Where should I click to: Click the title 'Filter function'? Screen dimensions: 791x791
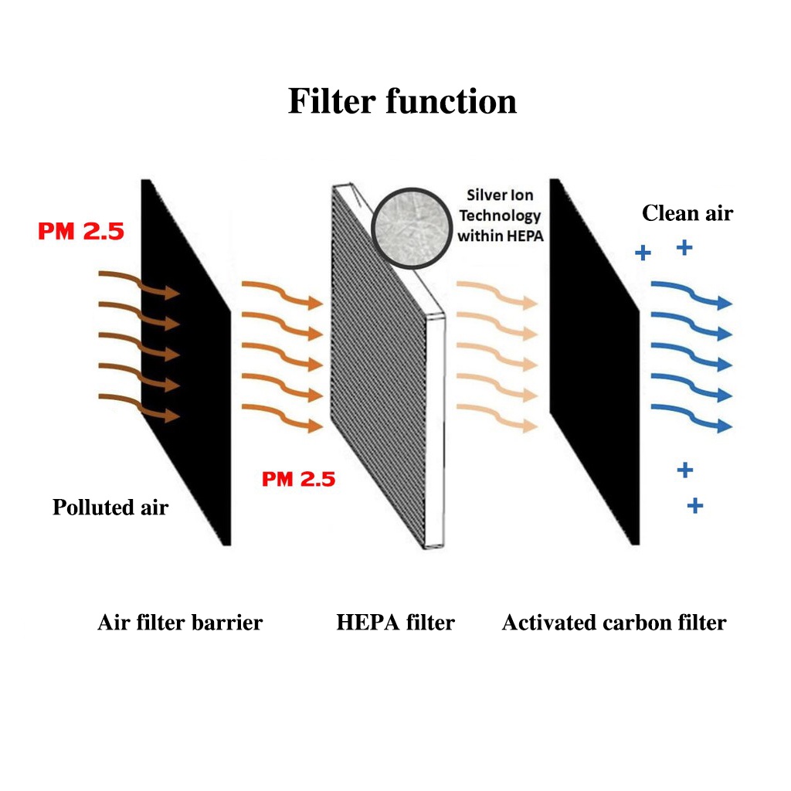point(402,101)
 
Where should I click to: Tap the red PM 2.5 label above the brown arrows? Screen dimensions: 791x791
point(80,230)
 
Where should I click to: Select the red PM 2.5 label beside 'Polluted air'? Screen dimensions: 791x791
point(298,479)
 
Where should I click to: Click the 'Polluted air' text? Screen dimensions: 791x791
point(110,508)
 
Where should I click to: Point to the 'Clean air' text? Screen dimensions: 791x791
point(687,213)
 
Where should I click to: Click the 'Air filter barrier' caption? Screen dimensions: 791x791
point(180,623)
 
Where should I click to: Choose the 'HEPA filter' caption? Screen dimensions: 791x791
point(395,623)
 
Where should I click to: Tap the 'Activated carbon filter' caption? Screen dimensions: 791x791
point(614,623)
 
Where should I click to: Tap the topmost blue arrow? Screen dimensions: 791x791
point(690,294)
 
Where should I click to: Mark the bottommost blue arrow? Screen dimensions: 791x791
point(690,417)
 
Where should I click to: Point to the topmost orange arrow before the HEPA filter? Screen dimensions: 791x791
point(281,294)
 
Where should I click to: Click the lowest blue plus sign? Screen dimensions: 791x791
point(695,506)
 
